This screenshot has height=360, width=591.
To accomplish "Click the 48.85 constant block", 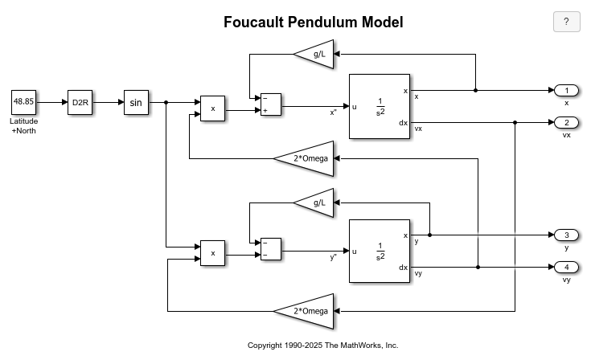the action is coord(24,102).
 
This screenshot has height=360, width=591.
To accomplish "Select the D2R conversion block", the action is coord(80,102).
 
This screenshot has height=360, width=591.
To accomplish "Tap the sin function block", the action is coord(136,102).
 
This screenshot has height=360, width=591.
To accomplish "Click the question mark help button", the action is coord(567,22).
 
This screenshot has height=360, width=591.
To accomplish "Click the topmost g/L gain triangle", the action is coord(317,54).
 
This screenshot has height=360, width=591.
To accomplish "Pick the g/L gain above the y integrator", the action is coord(317,203).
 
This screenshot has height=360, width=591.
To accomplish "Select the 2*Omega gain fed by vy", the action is coord(307,158).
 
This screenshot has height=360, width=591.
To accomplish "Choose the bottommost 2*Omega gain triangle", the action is coord(307,311).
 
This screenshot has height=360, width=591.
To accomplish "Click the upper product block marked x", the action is coord(212,108).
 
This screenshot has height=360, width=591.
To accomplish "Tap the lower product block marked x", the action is coord(212,253).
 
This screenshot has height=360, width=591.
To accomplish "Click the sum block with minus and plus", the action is coord(271,104).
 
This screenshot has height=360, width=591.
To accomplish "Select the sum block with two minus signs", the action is coord(271,249).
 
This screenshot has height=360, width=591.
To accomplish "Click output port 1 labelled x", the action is coord(566,90).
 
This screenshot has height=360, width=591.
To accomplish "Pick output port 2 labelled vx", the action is coord(566,122).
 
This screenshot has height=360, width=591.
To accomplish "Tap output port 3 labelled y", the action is coord(566,235).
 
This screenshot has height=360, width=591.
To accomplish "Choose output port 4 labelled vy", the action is coord(566,267).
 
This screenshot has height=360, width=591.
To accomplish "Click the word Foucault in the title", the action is coord(253,22).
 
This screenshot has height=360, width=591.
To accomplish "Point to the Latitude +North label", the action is coord(24,126).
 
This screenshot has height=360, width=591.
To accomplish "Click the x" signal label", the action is coord(333,112).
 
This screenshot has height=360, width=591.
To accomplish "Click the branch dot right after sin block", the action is coord(166,102).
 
